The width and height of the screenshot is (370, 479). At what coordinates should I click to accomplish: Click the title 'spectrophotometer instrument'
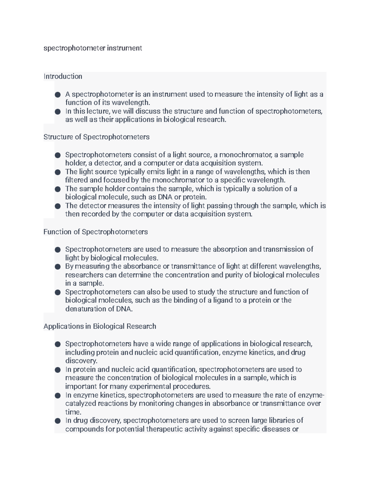coord(92,48)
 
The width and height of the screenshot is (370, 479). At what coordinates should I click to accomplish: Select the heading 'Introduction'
coord(63,76)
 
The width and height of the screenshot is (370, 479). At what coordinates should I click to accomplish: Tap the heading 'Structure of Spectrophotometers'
coord(97,137)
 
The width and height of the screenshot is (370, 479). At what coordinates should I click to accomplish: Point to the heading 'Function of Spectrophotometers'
coord(96,232)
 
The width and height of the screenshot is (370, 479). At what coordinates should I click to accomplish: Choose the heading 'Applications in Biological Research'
coord(100,326)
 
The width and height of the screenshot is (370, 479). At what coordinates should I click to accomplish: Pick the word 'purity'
coord(234,275)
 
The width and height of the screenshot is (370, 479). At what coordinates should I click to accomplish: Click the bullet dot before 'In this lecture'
coord(58,112)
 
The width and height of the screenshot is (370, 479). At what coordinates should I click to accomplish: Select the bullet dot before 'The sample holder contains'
coord(58,189)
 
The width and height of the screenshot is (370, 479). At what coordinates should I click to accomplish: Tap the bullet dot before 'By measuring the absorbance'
coord(58,266)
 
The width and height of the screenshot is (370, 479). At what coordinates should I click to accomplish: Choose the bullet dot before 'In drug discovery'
coord(58,421)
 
